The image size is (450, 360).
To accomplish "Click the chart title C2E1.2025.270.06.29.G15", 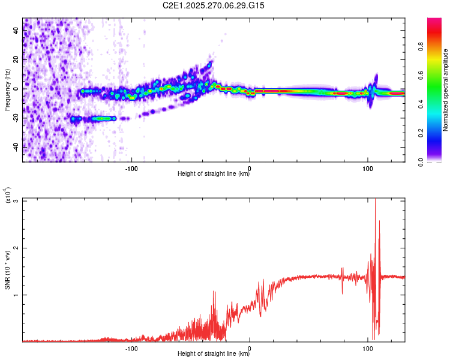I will click(x=214, y=5).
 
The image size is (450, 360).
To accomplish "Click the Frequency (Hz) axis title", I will click(x=7, y=90).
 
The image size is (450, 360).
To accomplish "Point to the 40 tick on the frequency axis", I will click(x=16, y=31).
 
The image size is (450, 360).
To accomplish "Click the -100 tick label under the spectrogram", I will click(x=132, y=168).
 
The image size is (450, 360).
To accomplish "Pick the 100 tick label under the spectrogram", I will click(x=368, y=168).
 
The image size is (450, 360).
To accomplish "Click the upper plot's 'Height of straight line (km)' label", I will click(x=214, y=175).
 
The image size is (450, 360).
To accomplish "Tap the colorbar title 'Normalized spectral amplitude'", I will click(x=446, y=90).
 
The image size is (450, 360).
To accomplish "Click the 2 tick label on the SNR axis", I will click(x=17, y=248).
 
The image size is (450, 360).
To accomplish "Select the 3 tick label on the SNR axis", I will click(x=17, y=200).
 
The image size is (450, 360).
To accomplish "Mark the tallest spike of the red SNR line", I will click(x=375, y=200).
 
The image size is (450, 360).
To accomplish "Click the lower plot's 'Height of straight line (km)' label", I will click(x=214, y=354).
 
